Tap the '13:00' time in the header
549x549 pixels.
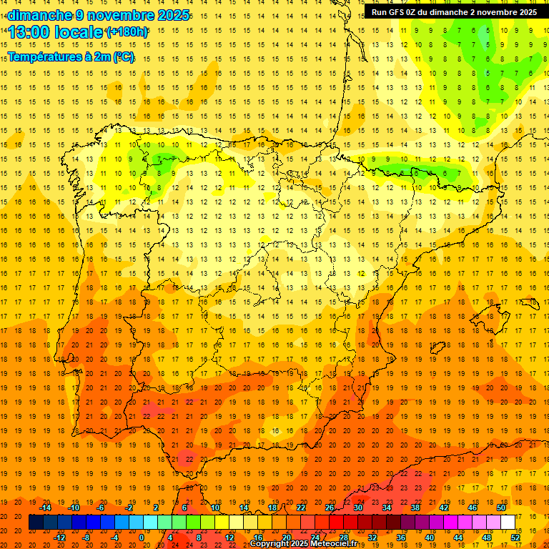click(x=29, y=32)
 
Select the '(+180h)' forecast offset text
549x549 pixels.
click(x=127, y=32)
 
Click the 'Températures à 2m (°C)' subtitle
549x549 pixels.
click(x=71, y=56)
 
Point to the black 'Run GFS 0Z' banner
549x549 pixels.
click(x=454, y=12)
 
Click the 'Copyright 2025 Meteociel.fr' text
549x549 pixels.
click(x=303, y=544)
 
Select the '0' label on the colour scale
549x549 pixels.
click(x=142, y=538)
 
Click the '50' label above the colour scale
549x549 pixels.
click(x=501, y=508)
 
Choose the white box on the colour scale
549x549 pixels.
click(x=508, y=523)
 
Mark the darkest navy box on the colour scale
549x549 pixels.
click(x=36, y=523)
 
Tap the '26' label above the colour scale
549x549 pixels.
click(x=330, y=508)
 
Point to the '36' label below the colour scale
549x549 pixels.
click(x=401, y=538)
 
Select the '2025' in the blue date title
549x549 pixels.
click(x=173, y=15)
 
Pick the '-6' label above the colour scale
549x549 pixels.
click(x=101, y=508)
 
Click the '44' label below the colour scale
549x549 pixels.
click(x=458, y=538)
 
